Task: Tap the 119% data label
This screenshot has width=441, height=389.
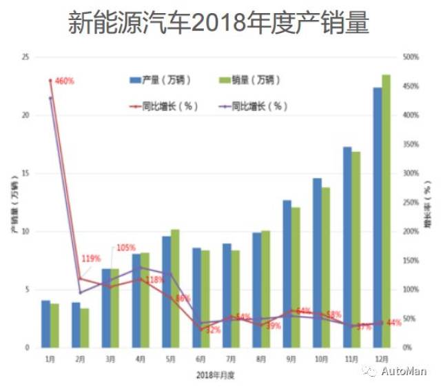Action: tap(91, 259)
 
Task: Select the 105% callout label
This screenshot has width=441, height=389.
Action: tap(125, 248)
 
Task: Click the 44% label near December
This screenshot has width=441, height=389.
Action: tap(394, 323)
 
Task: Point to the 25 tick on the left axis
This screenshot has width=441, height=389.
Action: tap(25, 57)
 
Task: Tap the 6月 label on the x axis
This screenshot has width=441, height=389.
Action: tap(201, 359)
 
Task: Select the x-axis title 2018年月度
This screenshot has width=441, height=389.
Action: tap(216, 375)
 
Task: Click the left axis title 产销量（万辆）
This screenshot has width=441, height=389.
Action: tap(14, 203)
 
